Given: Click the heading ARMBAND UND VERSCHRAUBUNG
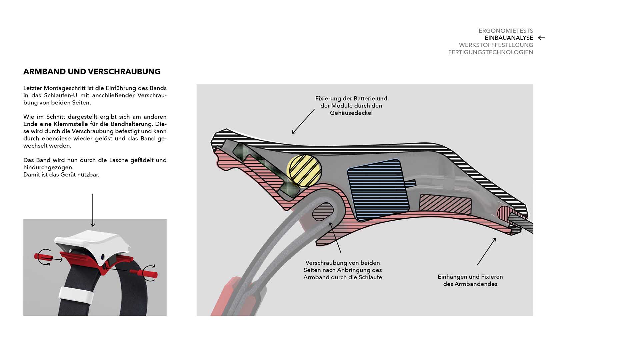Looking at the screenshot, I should click(x=92, y=72).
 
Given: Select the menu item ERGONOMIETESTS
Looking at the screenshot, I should click(x=506, y=31).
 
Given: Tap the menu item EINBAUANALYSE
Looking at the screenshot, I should click(x=509, y=38).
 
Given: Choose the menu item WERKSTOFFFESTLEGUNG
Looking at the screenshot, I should click(x=496, y=45).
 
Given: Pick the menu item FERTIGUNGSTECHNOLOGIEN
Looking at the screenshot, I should click(x=490, y=52).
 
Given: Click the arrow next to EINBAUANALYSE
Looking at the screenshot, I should click(x=541, y=38).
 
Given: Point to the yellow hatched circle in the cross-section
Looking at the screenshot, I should click(x=304, y=170).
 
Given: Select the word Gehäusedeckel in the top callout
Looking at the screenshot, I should click(x=351, y=113).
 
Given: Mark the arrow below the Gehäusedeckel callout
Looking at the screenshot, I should click(x=303, y=122).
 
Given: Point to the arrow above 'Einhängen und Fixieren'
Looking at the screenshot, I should click(x=486, y=252).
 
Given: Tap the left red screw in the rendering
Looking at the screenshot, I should click(x=43, y=257).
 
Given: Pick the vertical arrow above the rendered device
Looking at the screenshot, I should click(x=93, y=210).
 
